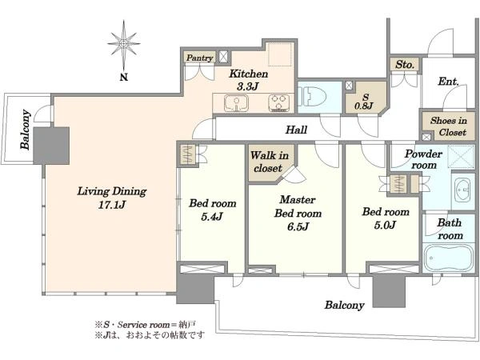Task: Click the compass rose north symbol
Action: point(124,44)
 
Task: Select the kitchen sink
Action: point(236,103)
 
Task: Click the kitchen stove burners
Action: point(279,102)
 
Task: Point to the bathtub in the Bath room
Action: point(448,258)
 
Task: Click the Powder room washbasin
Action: point(462,190)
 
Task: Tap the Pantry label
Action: point(199,58)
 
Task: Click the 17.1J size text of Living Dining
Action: point(112,205)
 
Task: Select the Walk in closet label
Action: point(269,162)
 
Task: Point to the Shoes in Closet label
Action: point(449,126)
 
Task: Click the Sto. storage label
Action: point(404,64)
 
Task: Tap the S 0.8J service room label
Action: point(364,102)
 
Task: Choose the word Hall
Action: point(296,130)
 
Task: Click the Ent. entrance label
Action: point(449,81)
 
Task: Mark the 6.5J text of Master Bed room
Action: point(298,226)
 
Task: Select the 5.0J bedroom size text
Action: point(385,225)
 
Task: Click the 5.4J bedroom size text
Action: point(212,217)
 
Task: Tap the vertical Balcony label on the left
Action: point(26,129)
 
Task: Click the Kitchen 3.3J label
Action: point(248,80)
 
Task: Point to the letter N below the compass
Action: point(124,77)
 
